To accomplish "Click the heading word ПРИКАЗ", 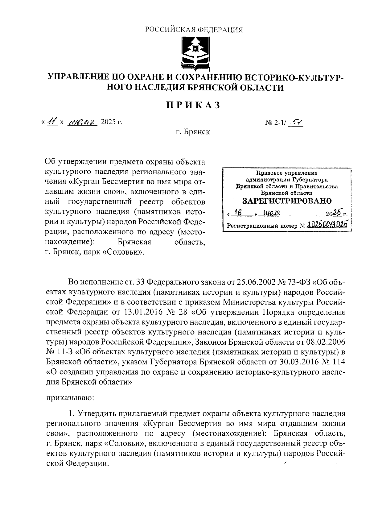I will click(x=194, y=105).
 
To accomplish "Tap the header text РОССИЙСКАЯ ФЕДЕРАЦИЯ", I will click(x=194, y=30).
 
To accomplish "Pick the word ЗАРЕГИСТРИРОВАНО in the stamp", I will click(x=286, y=201).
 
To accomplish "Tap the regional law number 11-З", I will click(x=64, y=352).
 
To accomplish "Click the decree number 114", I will click(x=337, y=362).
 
